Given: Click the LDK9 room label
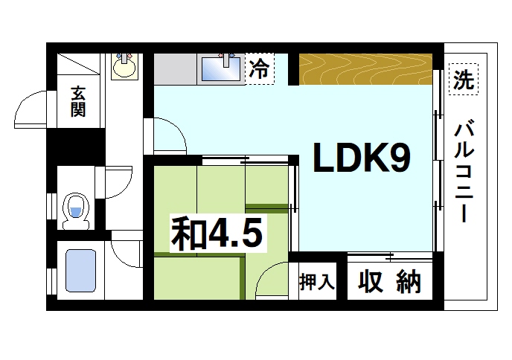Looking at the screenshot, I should point(360,158).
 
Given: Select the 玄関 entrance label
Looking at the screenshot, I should point(77,102).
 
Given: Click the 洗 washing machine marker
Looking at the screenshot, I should point(464,80).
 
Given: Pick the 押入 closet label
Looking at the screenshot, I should point(317,283).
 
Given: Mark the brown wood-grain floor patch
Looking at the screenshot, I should point(365,68).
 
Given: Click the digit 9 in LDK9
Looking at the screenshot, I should point(396,158).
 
